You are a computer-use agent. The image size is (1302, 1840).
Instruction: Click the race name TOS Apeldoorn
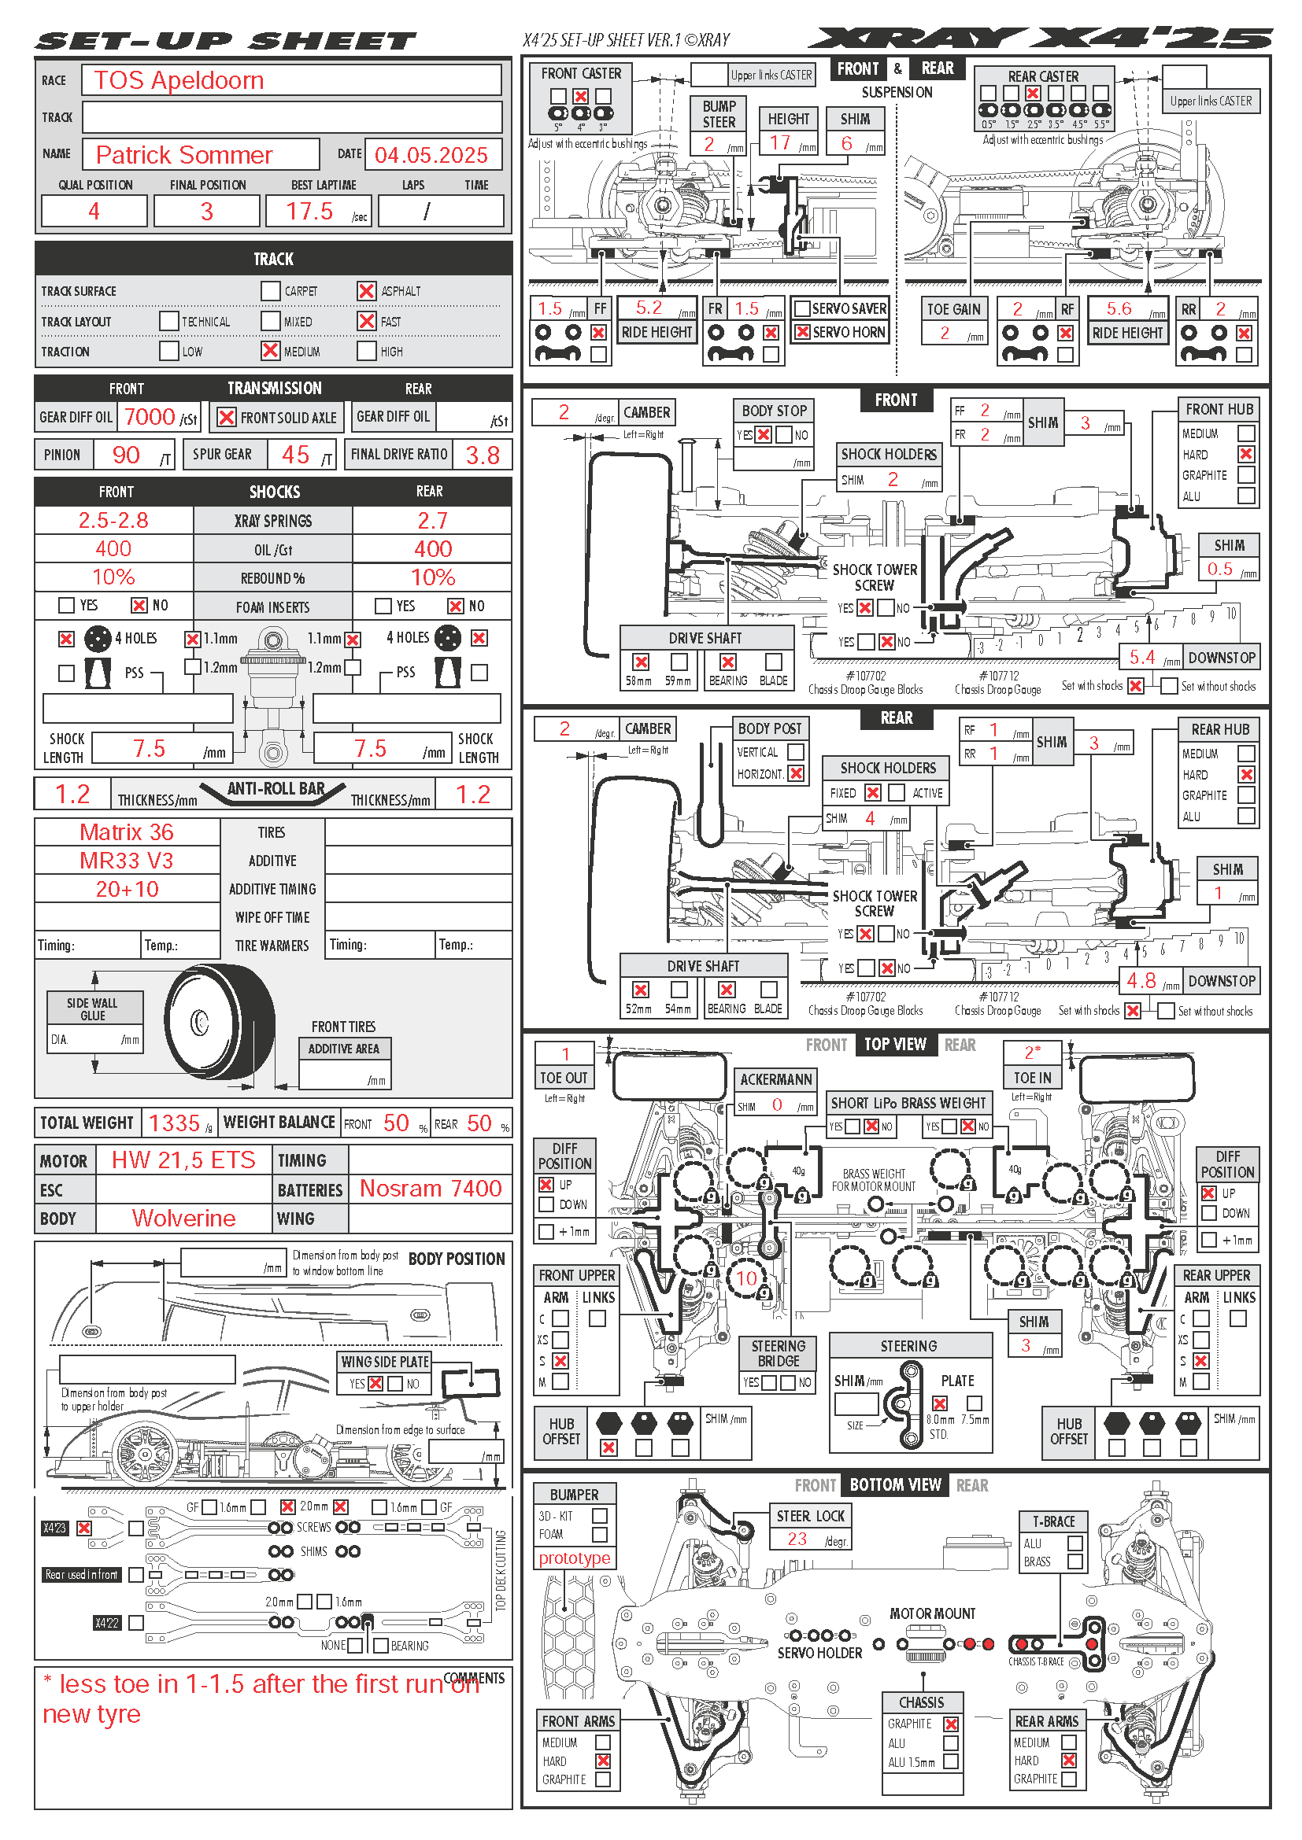click(179, 81)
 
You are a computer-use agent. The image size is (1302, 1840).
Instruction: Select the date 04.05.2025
click(431, 155)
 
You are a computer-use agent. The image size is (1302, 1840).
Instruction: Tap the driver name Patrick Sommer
click(184, 155)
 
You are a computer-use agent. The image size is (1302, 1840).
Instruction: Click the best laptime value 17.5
click(309, 212)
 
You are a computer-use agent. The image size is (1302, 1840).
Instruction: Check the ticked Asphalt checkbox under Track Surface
click(366, 291)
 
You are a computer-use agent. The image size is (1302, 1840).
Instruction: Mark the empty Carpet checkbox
click(270, 291)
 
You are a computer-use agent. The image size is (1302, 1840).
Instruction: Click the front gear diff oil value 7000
click(150, 417)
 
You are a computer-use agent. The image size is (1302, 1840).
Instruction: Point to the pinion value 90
click(126, 455)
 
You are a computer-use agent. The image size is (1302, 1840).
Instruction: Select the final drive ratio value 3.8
click(483, 456)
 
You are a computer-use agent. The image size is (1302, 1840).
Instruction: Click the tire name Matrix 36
click(127, 832)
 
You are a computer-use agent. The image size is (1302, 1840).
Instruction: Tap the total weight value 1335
click(174, 1123)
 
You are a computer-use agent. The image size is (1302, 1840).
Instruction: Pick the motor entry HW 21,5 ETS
click(183, 1160)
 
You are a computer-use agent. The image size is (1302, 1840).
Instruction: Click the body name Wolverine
click(183, 1218)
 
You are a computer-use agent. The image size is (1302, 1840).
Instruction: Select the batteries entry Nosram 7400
click(431, 1189)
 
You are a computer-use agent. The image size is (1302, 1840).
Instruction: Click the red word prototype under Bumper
click(574, 1558)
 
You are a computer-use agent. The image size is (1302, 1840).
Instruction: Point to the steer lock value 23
click(797, 1539)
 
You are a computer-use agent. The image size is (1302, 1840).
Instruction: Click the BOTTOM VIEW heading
click(895, 1485)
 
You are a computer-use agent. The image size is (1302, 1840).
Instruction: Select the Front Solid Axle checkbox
click(227, 418)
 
